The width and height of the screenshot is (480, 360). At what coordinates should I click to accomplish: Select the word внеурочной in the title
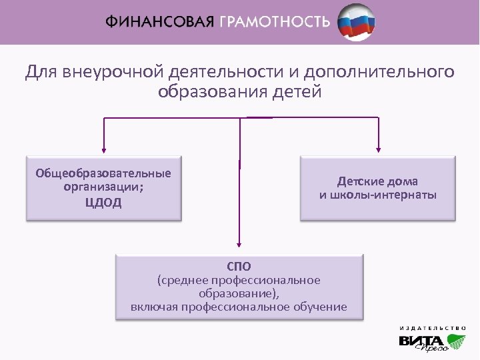point(114,71)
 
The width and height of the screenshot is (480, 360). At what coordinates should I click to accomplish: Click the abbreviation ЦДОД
point(103,203)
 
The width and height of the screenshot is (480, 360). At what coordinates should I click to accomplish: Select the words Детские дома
point(377,181)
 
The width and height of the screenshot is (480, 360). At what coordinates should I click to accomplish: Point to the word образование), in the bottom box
point(239,293)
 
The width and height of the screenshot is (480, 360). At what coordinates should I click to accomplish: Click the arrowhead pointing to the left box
point(103,149)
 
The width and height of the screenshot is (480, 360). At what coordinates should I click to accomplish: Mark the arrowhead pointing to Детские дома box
point(379,149)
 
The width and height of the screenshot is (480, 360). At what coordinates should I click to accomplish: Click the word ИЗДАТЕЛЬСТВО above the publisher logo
point(433,327)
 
